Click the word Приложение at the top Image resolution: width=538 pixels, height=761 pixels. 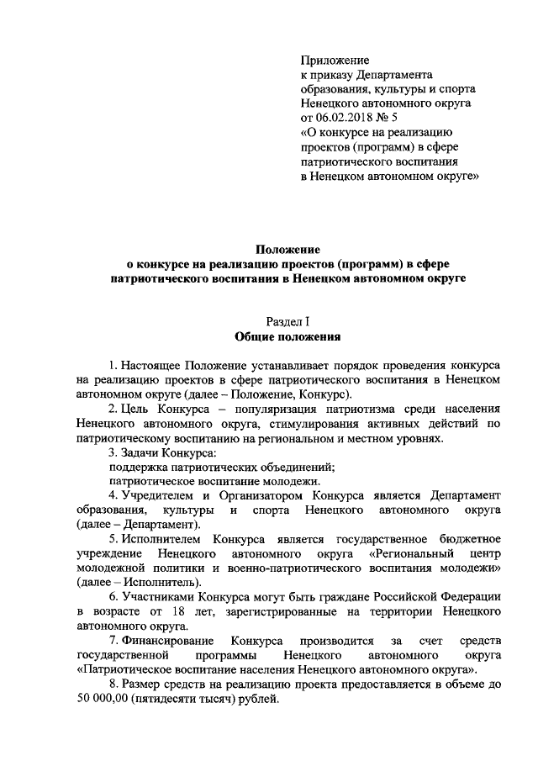click(x=335, y=60)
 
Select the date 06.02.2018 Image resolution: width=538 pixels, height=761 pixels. click(x=345, y=118)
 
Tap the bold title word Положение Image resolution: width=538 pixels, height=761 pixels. click(x=288, y=249)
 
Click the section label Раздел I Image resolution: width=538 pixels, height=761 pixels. click(x=287, y=322)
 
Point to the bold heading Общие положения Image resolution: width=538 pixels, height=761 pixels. click(x=287, y=337)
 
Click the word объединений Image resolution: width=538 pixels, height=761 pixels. click(x=298, y=468)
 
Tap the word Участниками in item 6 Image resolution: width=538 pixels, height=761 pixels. click(x=156, y=598)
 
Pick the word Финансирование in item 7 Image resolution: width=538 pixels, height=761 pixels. click(x=168, y=642)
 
